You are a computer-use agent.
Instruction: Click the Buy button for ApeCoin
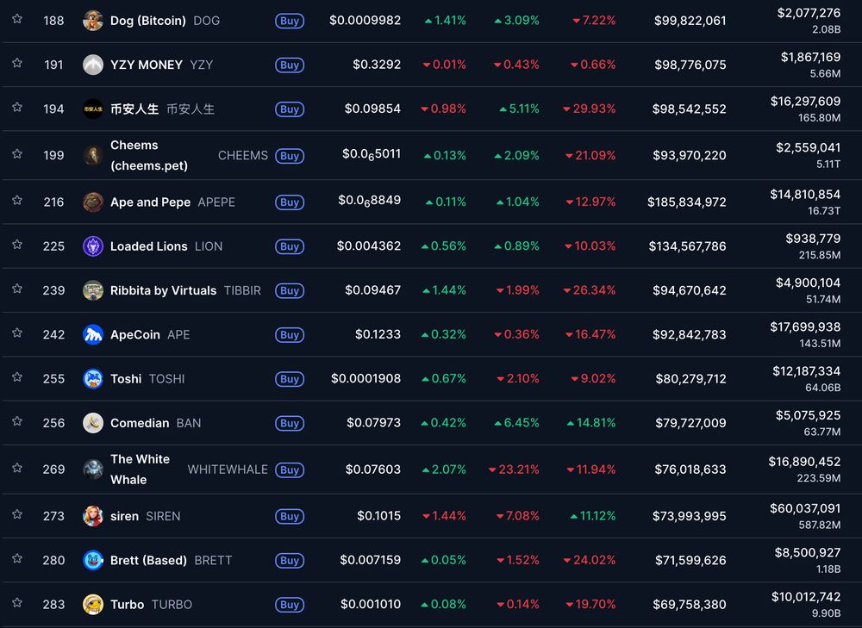tap(290, 335)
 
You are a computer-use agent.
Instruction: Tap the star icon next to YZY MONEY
tap(17, 64)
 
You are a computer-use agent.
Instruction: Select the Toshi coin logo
tap(93, 379)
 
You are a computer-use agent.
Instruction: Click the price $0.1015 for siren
tap(378, 516)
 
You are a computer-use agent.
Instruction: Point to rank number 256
tap(53, 423)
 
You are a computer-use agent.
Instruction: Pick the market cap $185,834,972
tap(686, 202)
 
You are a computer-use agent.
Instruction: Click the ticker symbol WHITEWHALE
tap(228, 469)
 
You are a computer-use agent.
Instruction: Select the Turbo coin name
tap(127, 605)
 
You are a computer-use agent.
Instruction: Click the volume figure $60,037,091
tap(807, 508)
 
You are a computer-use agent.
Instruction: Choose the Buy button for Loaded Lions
tap(290, 246)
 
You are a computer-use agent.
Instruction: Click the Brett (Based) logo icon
tap(93, 561)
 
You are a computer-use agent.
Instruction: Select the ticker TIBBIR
tap(242, 291)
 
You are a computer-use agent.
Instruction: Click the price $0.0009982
tap(365, 20)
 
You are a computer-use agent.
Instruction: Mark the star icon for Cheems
tap(17, 154)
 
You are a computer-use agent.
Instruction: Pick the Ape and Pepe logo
tap(93, 202)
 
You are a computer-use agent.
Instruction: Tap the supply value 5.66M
tap(825, 74)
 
